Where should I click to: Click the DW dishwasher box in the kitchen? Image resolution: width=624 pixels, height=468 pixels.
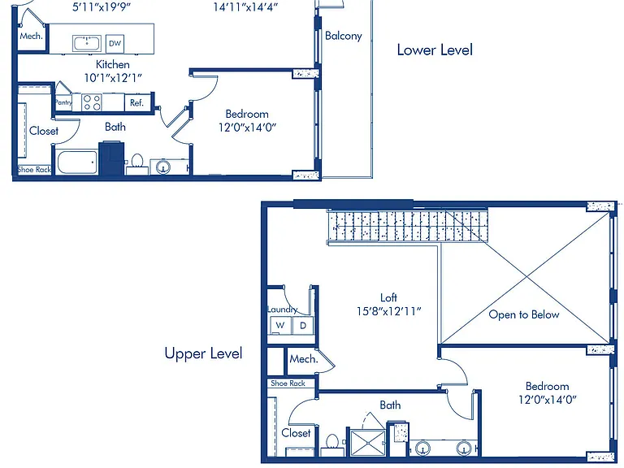tap(115, 43)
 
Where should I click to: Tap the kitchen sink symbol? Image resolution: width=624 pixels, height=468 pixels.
tap(87, 43)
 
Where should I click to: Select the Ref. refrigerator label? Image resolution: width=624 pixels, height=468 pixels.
tap(136, 102)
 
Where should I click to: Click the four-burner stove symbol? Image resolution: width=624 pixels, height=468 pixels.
tap(92, 102)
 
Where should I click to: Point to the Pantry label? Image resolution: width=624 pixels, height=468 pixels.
tap(63, 102)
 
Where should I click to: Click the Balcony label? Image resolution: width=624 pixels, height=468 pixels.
tap(344, 36)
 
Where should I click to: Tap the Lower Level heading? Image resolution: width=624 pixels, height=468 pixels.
tap(435, 50)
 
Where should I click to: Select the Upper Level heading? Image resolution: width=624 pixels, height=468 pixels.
tap(203, 353)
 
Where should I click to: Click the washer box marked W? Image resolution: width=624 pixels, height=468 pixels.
tap(280, 326)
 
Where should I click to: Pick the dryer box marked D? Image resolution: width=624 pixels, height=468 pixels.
tap(303, 326)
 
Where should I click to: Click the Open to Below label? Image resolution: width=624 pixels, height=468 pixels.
tap(524, 314)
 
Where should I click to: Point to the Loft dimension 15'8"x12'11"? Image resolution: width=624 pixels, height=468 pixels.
tap(389, 311)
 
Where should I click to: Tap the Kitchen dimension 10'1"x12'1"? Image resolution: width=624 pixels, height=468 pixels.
tap(113, 78)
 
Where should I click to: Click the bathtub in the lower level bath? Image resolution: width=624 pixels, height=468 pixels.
tap(77, 162)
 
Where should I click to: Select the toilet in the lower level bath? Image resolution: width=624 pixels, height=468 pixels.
tap(137, 164)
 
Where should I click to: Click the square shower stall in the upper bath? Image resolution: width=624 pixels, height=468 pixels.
tap(367, 443)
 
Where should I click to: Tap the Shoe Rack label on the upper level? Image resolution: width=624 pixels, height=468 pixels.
tap(288, 383)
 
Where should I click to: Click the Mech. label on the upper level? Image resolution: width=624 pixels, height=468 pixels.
tap(304, 359)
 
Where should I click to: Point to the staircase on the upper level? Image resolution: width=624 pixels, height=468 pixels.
tap(408, 227)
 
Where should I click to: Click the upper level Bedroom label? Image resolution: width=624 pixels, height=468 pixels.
tap(547, 386)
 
